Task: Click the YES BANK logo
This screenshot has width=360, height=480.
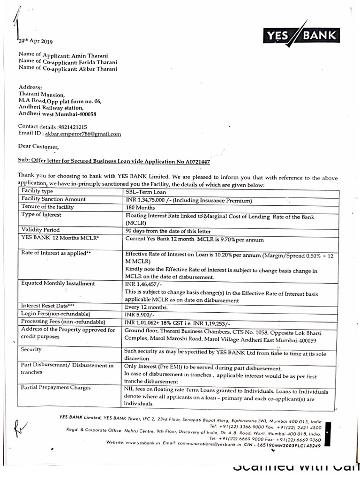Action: [301, 34]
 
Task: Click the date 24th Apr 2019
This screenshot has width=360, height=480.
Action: [36, 41]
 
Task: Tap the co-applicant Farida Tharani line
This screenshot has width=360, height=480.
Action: [68, 62]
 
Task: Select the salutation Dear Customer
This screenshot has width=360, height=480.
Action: [39, 147]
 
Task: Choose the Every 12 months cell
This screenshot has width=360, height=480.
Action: [146, 307]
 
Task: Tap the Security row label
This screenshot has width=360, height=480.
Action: [31, 350]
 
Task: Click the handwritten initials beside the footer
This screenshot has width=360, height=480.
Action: [22, 427]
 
